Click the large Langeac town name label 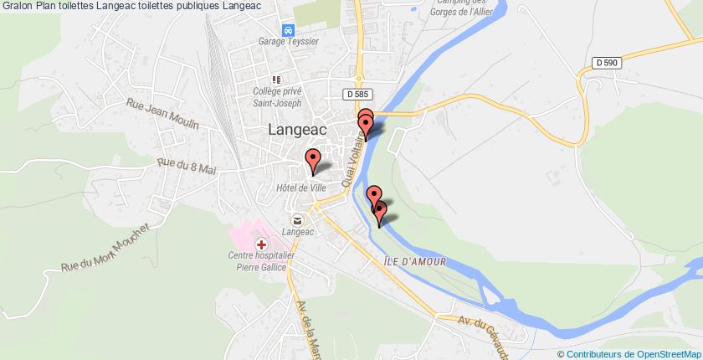298,130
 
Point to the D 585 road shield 357,96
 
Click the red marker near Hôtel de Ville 313,159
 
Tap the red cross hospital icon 262,244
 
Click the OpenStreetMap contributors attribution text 631,353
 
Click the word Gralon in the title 16,6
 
